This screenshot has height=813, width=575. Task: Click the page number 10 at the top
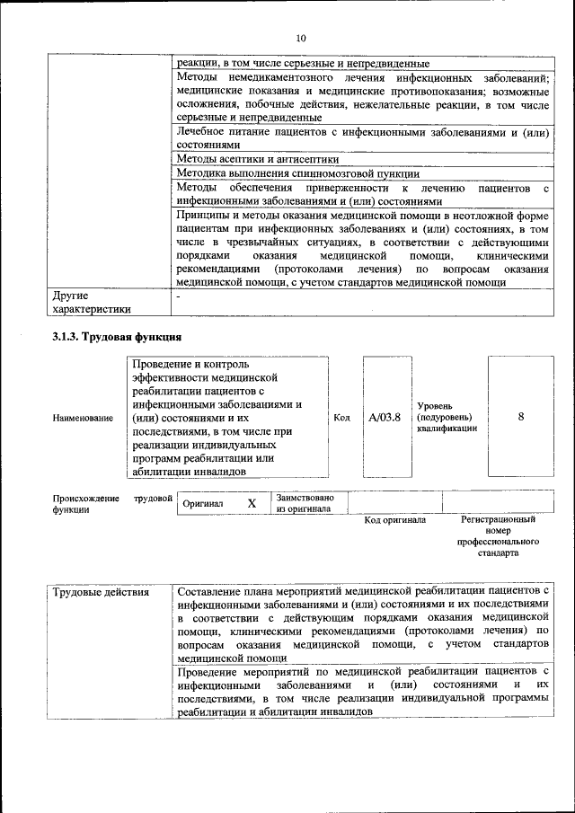(300, 38)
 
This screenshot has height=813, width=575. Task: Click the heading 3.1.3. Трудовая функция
(116, 337)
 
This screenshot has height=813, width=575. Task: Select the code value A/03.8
(385, 417)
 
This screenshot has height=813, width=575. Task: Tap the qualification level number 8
(521, 417)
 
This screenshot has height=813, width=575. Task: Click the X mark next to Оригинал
(252, 504)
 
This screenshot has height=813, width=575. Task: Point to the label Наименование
(83, 418)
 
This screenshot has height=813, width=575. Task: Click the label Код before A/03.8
(341, 418)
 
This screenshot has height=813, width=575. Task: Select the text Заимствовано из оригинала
(305, 503)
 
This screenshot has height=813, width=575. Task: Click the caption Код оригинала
(394, 520)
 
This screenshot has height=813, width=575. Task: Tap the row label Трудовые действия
(101, 593)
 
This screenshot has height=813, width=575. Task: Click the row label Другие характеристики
(92, 302)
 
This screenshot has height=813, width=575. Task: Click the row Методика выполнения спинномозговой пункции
(297, 173)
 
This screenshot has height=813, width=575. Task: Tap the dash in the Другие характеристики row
(179, 295)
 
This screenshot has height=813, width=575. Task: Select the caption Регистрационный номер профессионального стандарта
(497, 536)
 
